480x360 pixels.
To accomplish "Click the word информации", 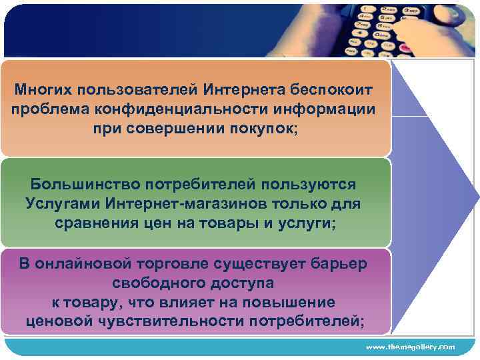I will click(326, 109).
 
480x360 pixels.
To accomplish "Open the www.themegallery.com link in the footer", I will click(410, 347).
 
